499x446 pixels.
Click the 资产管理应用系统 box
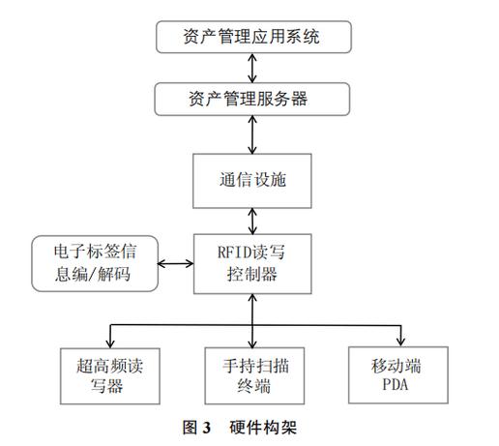point(251,38)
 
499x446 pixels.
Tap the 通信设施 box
point(251,180)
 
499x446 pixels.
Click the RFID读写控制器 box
point(251,264)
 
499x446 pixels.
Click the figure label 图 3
point(197,426)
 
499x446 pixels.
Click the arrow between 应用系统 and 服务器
point(252,68)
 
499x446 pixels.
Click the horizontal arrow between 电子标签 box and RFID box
point(175,263)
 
